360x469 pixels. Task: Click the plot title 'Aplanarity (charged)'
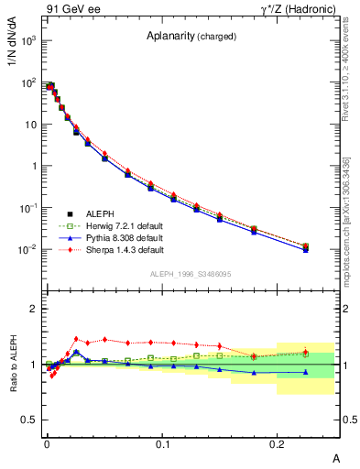pos(191,37)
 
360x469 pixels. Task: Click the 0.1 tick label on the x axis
pos(163,444)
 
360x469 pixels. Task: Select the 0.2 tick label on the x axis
pos(278,444)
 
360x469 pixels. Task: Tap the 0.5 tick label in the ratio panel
pos(28,420)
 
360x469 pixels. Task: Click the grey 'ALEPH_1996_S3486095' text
pos(191,274)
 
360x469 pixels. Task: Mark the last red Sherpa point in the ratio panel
pos(306,351)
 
